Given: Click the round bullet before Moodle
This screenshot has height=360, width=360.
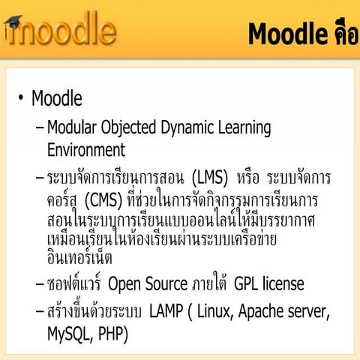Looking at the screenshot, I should [21, 100].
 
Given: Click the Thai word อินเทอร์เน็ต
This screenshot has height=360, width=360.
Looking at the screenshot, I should [79, 259].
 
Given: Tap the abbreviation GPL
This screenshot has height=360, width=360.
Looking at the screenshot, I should [247, 284].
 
